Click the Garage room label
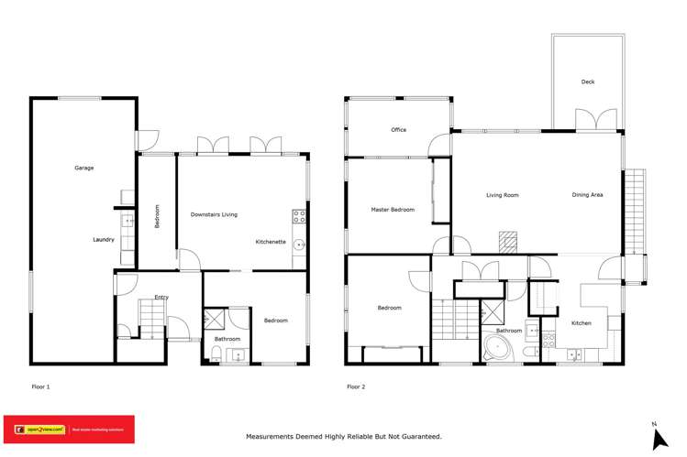[84, 168]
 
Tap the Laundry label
[104, 240]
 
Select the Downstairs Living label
[214, 214]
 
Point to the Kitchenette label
[271, 242]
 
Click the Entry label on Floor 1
[161, 297]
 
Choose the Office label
[398, 130]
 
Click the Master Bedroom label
[393, 210]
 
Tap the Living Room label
[503, 195]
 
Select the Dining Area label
[587, 195]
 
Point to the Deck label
[588, 82]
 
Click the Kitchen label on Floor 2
[582, 323]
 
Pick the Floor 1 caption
[40, 386]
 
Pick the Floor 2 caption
[356, 386]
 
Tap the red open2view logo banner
[70, 429]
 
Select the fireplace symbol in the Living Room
[508, 241]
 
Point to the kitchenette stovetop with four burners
[299, 217]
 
